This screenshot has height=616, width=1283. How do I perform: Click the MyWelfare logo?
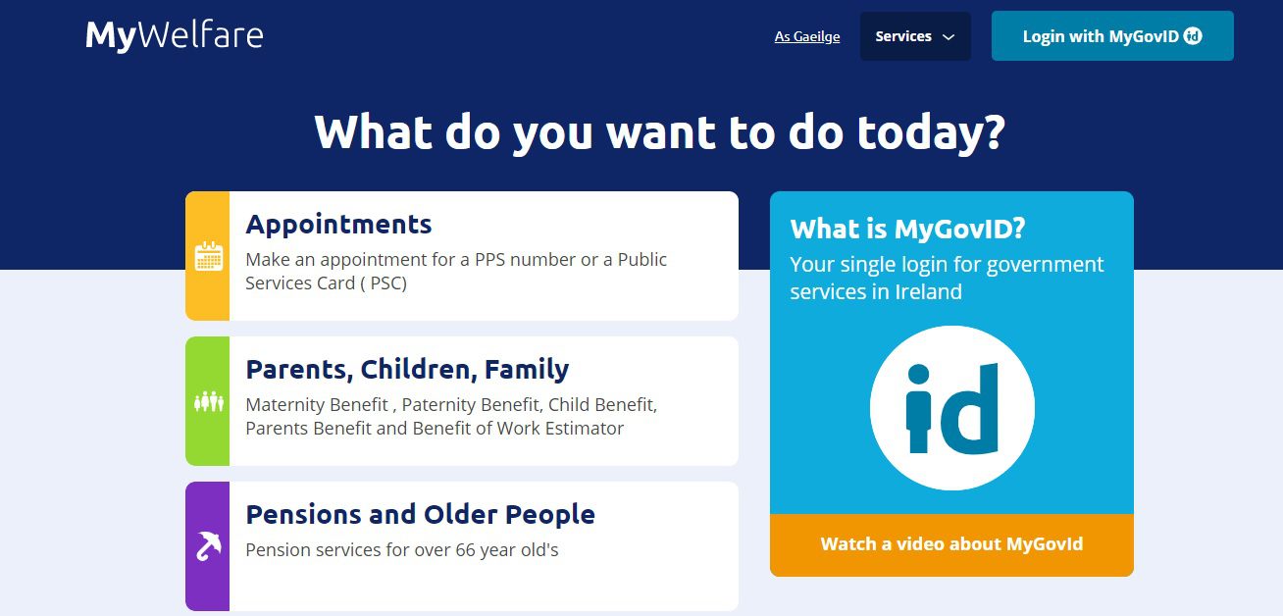click(x=174, y=35)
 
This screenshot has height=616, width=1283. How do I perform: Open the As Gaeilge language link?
click(x=806, y=36)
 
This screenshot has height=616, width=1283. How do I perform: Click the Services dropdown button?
click(x=914, y=36)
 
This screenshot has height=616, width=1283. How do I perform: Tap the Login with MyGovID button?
click(x=1111, y=36)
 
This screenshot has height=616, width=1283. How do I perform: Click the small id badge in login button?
click(x=1193, y=36)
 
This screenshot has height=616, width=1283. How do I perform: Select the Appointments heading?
click(x=338, y=224)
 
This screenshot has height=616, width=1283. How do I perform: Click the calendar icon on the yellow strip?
click(x=208, y=256)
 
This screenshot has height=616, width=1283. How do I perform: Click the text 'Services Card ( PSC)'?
click(x=326, y=283)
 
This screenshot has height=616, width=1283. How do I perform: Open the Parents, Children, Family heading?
click(x=407, y=369)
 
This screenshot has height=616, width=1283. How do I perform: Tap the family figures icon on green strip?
click(x=208, y=401)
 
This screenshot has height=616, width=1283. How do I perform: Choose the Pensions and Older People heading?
click(x=420, y=514)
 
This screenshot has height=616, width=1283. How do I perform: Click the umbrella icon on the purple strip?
click(x=208, y=545)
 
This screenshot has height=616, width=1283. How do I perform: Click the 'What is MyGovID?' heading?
click(x=907, y=229)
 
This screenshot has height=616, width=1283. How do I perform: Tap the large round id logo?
click(x=951, y=408)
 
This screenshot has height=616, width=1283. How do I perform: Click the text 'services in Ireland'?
click(x=875, y=291)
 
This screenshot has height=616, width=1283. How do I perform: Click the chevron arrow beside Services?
click(x=948, y=37)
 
